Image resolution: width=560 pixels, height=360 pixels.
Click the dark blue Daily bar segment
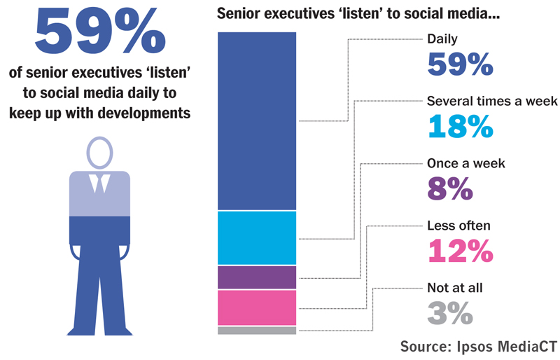pyautogui.click(x=257, y=121)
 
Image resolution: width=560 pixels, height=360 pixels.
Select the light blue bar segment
pyautogui.click(x=257, y=238)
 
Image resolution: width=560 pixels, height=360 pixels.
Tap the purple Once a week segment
pyautogui.click(x=257, y=277)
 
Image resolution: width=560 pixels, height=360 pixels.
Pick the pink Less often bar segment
pyautogui.click(x=257, y=307)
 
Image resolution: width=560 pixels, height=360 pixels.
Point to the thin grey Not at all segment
pyautogui.click(x=257, y=330)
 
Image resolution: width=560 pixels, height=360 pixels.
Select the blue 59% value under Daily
pyautogui.click(x=460, y=64)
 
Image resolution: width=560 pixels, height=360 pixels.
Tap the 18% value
pyautogui.click(x=460, y=126)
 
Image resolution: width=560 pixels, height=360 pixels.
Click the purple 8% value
pyautogui.click(x=449, y=188)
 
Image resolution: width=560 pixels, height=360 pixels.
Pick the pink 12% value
pyautogui.click(x=460, y=250)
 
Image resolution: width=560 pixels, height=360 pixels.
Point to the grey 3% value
pyautogui.click(x=449, y=312)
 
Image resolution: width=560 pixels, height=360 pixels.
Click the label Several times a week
pyautogui.click(x=492, y=102)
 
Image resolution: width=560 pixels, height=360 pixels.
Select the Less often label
pyautogui.click(x=458, y=226)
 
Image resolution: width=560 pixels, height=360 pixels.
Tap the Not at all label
pyautogui.click(x=455, y=287)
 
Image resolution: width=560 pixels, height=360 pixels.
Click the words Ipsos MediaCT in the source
pyautogui.click(x=510, y=346)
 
